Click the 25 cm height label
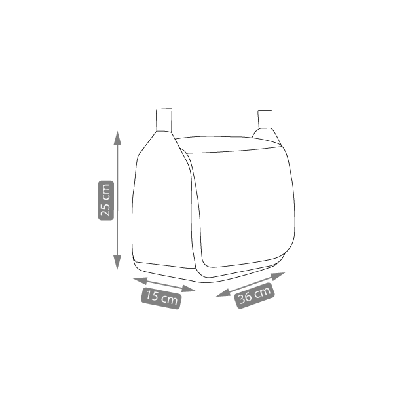pyautogui.click(x=106, y=200)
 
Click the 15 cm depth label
pyautogui.click(x=161, y=298)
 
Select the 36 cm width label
pyautogui.click(x=254, y=295)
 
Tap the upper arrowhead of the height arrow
pyautogui.click(x=117, y=138)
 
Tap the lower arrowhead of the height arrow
pyautogui.click(x=117, y=263)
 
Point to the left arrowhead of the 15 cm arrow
pyautogui.click(x=140, y=281)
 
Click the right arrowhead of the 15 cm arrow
pyautogui.click(x=189, y=289)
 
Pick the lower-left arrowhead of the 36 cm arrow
pyautogui.click(x=223, y=293)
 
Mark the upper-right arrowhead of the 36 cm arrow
pyautogui.click(x=278, y=276)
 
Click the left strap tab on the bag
pyautogui.click(x=164, y=120)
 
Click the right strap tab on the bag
pyautogui.click(x=265, y=119)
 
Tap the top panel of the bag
pyautogui.click(x=228, y=144)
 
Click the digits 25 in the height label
pyautogui.click(x=106, y=210)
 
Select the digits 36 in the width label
pyautogui.click(x=245, y=298)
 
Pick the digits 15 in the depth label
pyautogui.click(x=152, y=296)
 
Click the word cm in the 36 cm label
pyautogui.click(x=263, y=292)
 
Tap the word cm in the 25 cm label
pyautogui.click(x=106, y=192)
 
